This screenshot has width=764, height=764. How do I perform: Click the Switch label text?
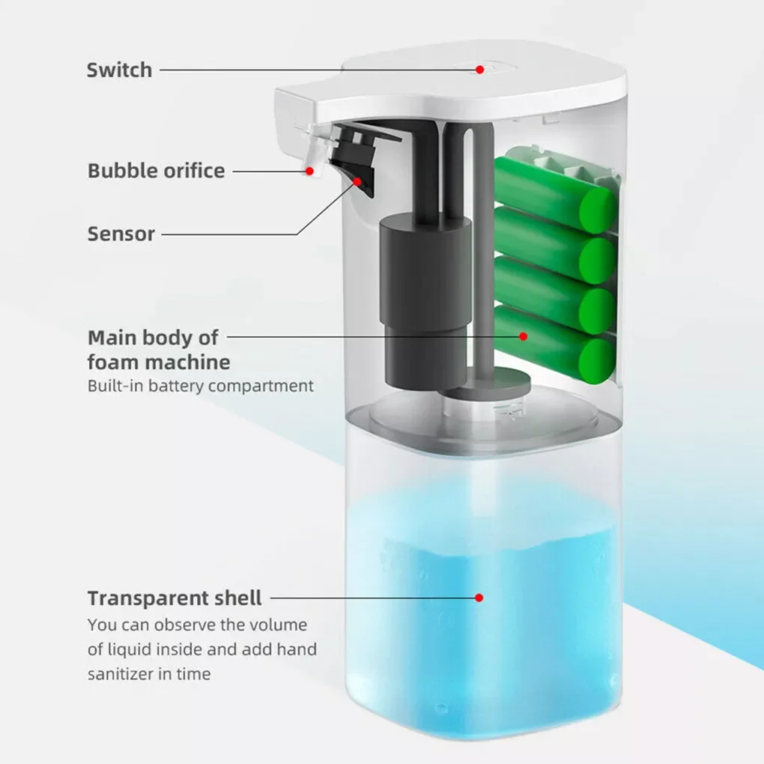119,70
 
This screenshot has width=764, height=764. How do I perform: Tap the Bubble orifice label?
156,171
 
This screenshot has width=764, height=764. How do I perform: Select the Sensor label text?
121,234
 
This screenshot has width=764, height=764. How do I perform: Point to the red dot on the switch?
479,69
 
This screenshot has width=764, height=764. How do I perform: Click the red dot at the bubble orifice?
309,171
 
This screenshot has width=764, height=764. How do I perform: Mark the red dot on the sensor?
358,181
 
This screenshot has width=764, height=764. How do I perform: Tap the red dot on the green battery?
524,336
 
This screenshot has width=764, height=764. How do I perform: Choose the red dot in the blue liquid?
479,598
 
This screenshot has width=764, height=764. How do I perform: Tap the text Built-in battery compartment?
200,386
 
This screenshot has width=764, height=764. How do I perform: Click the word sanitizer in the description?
120,673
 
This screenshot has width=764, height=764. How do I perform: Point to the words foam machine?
159,363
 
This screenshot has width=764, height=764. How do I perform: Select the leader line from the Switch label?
315,70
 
